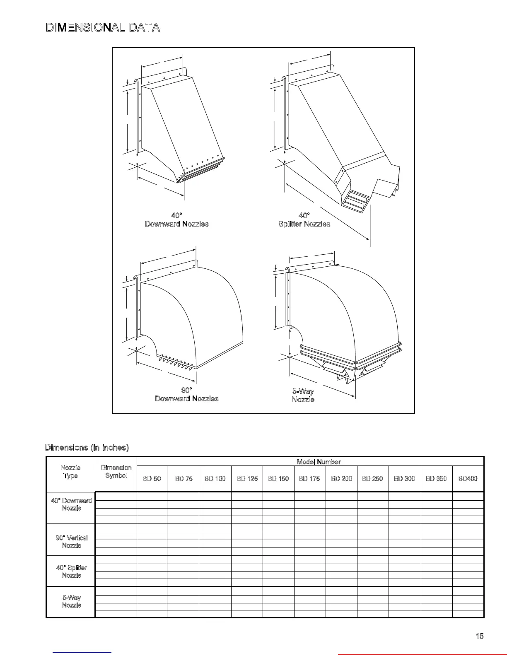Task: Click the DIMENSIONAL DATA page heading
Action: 103,28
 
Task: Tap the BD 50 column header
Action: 152,478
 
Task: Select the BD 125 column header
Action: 247,478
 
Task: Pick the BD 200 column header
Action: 341,478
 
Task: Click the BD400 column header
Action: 468,478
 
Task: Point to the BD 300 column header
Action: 404,478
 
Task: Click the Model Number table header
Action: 319,462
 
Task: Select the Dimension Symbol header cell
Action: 116,472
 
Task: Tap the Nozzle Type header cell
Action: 70,472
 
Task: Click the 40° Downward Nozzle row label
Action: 71,504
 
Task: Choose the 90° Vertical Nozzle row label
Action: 71,541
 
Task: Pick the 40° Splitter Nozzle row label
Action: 71,572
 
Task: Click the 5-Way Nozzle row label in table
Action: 71,601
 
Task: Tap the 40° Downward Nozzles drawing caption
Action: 176,220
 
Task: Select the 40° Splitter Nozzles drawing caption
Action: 304,220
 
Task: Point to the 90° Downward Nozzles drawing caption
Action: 186,394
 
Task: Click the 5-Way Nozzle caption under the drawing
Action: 303,395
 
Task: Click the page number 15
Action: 479,636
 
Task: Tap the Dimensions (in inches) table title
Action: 87,447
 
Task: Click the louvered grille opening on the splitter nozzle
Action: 355,202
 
